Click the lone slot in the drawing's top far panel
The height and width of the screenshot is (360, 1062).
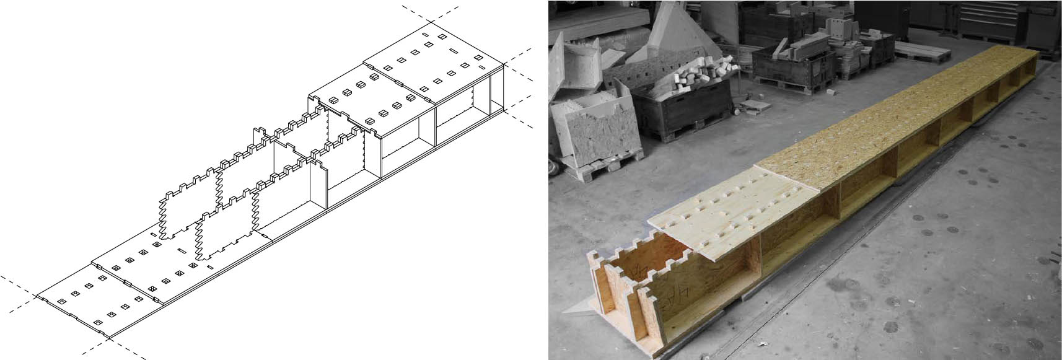454,51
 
